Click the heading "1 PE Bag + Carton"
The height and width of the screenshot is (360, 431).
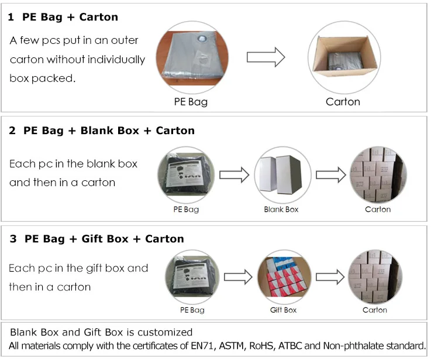[x=63, y=17]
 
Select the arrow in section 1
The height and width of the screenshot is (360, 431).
[x=265, y=57]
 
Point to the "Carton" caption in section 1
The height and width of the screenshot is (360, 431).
[x=343, y=102]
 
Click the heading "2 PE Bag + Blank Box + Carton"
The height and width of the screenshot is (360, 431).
[x=102, y=131]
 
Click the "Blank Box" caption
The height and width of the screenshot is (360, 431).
[x=281, y=209]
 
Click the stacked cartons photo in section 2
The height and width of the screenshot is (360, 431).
[x=377, y=173]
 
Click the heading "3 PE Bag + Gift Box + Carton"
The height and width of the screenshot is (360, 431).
[x=96, y=239]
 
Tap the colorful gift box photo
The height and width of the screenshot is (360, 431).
[x=283, y=275]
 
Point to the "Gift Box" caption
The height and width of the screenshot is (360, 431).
[x=283, y=310]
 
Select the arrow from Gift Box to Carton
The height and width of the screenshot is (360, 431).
[x=330, y=276]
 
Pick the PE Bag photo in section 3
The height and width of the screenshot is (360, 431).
[x=190, y=275]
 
